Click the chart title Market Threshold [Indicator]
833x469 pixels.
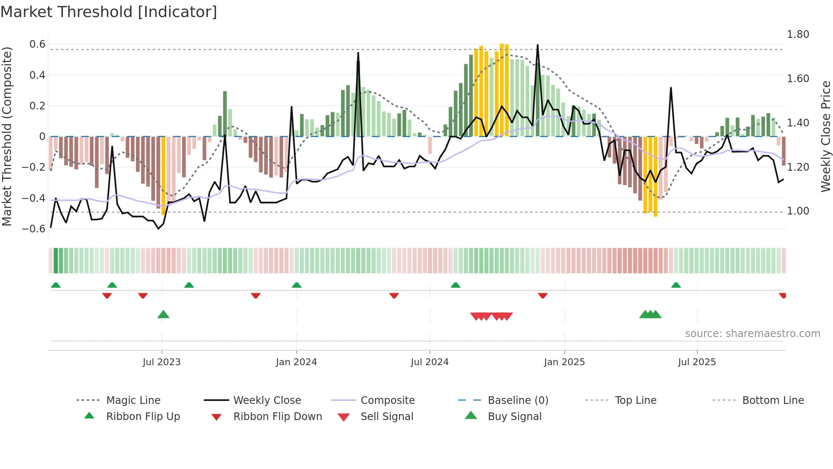109,12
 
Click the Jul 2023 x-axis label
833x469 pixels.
161,362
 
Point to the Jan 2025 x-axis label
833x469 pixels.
564,362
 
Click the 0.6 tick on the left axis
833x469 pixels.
37,44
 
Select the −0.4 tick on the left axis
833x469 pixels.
34,198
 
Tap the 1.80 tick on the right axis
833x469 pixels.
798,34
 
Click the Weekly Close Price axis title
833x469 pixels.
825,136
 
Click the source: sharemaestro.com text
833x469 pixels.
752,334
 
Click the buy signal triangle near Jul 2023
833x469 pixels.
163,315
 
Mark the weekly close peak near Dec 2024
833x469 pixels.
538,45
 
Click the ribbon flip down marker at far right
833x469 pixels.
782,295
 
